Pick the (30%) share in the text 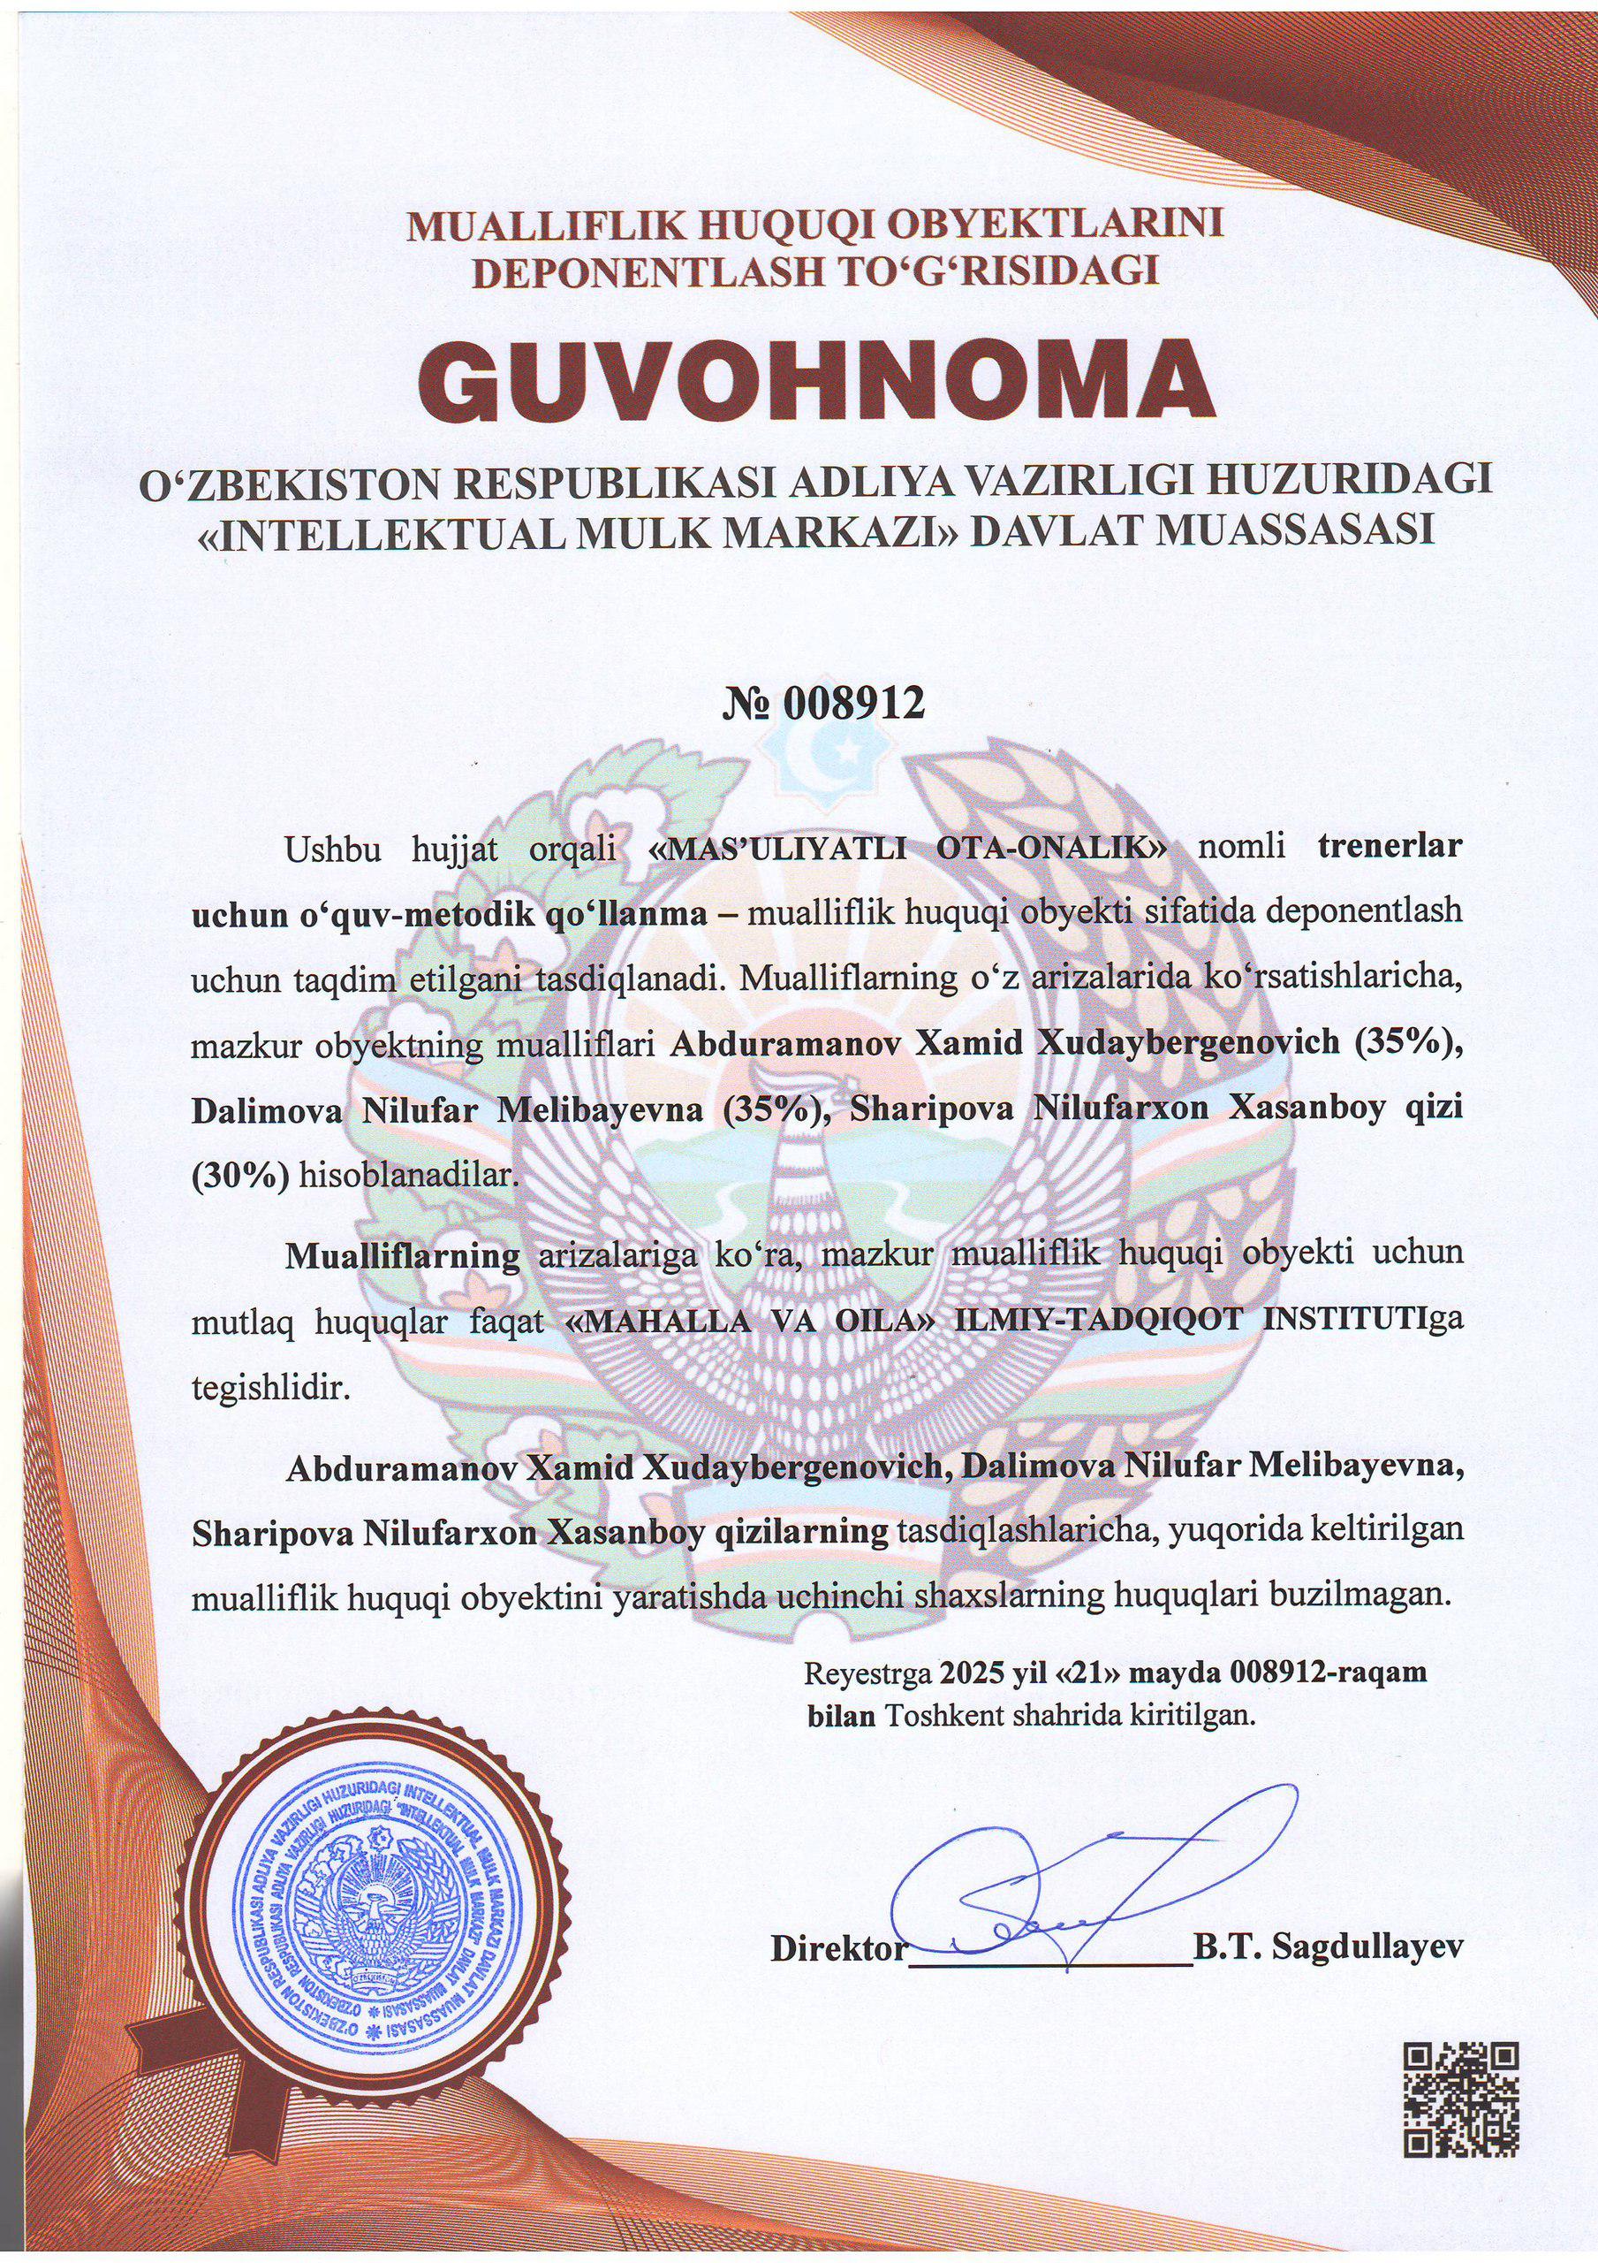[x=239, y=1176]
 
